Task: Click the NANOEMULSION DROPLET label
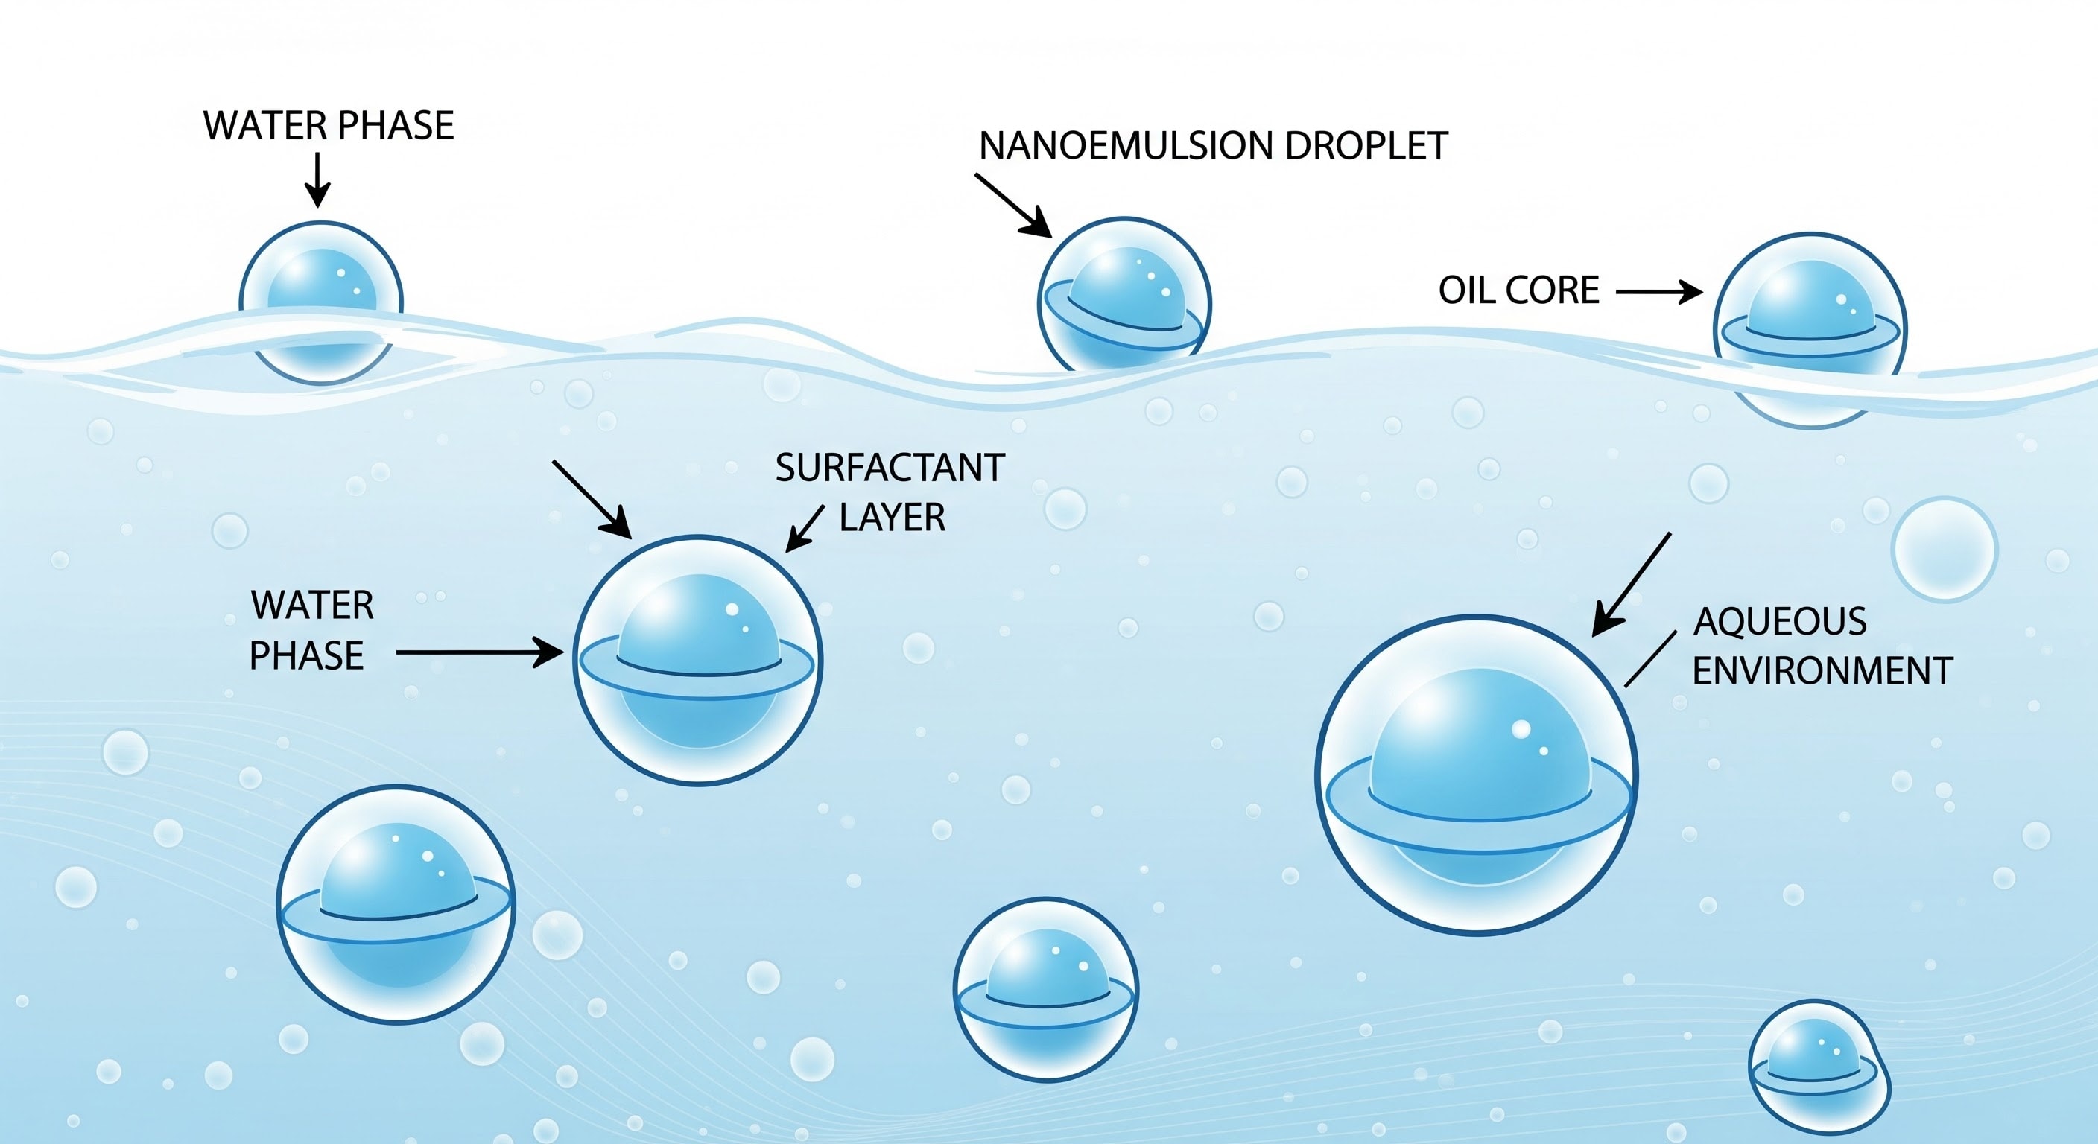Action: [1213, 147]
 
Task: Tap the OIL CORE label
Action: [1518, 290]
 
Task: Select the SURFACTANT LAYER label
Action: [890, 492]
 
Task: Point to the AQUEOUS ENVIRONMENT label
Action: [1822, 646]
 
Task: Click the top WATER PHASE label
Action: [329, 125]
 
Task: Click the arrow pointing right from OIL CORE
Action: [1659, 291]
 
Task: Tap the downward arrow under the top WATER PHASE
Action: [317, 180]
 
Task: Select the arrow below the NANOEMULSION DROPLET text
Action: [1013, 205]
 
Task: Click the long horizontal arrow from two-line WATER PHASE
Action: [480, 652]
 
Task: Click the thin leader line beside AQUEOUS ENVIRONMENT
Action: [1650, 658]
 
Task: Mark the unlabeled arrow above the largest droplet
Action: [1632, 584]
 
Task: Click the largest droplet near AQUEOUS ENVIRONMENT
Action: [1476, 775]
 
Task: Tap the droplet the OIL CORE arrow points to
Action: [1810, 330]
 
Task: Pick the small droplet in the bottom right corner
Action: [1819, 1067]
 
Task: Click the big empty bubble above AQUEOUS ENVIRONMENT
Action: [1944, 549]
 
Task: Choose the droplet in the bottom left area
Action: [396, 903]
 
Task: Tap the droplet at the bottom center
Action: [1046, 989]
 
